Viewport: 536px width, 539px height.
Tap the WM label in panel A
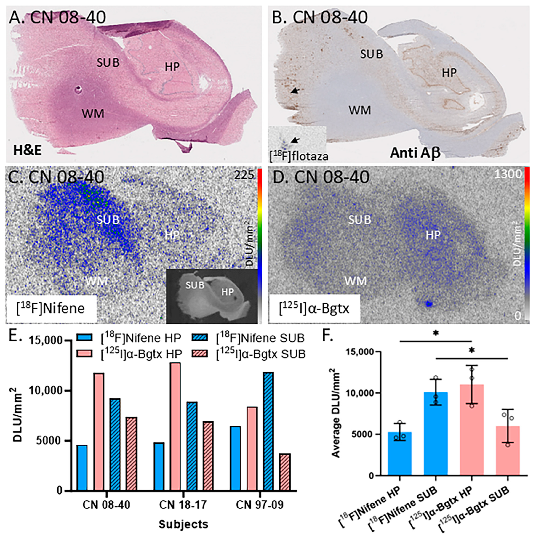[x=93, y=113]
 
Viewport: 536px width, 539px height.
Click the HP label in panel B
[x=449, y=73]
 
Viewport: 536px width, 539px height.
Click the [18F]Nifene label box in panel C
[x=51, y=309]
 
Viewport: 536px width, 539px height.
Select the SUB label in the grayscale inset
[x=195, y=285]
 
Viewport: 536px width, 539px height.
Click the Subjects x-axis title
[x=183, y=524]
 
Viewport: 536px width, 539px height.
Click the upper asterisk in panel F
[x=436, y=333]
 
